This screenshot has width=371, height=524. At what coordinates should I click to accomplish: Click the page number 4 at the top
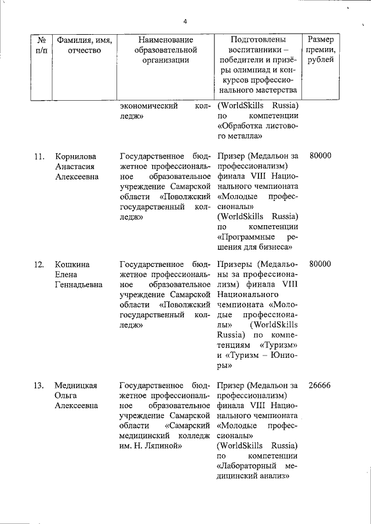click(185, 22)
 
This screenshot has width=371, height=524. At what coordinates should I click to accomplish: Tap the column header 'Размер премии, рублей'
click(321, 50)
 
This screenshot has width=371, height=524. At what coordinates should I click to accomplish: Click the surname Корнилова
click(75, 156)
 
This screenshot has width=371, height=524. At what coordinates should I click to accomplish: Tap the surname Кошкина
click(71, 264)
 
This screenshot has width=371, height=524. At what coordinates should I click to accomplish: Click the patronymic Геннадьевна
click(79, 285)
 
